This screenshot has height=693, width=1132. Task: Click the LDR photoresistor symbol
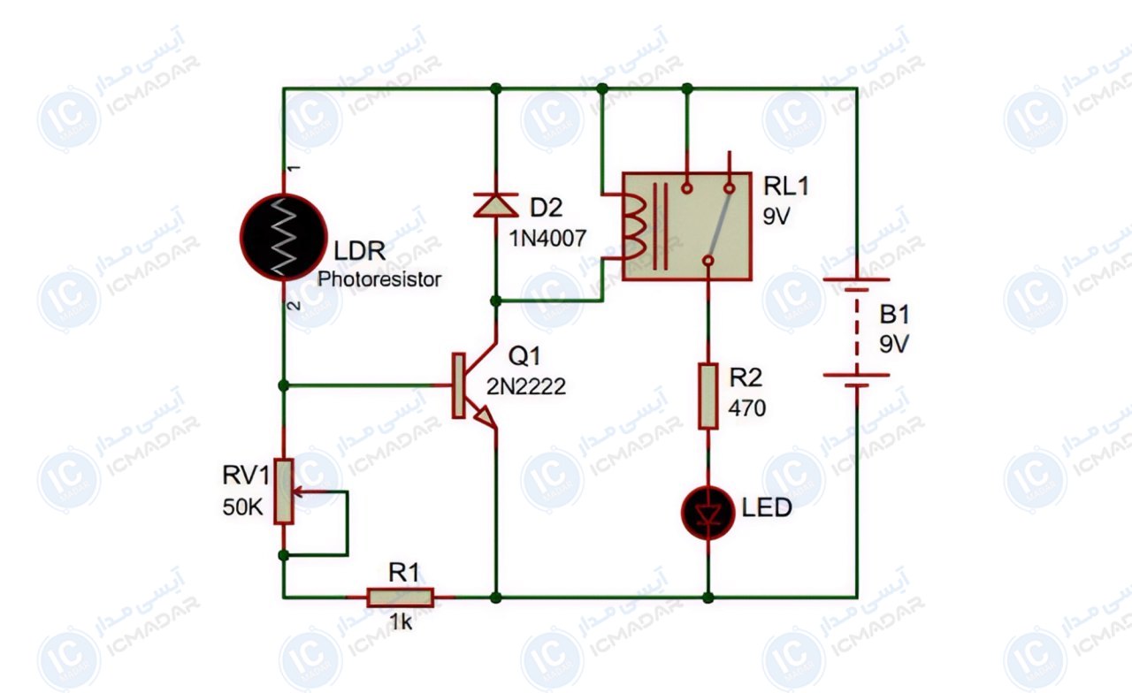284,236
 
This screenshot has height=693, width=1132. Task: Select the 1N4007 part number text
547,239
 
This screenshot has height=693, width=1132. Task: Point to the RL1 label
786,186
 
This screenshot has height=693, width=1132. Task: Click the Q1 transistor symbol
472,385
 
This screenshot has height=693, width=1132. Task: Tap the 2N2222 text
526,387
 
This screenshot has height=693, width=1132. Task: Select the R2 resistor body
708,396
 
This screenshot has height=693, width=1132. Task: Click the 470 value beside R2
747,408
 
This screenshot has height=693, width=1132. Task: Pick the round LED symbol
707,513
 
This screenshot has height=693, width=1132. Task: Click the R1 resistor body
401,598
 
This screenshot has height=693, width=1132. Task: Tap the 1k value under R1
401,622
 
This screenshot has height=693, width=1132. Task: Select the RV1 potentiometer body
284,491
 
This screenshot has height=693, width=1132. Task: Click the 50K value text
243,507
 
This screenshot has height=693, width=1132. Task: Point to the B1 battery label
894,315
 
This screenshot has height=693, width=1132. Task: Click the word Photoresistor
379,279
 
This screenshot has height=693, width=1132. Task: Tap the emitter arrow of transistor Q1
483,415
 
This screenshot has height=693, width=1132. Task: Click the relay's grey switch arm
720,223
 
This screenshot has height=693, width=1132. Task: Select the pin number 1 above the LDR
294,168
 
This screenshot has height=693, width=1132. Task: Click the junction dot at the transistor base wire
284,385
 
